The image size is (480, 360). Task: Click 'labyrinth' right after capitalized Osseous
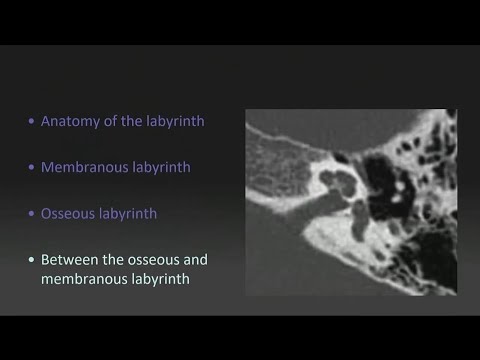129,213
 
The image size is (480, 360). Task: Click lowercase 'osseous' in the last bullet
153,259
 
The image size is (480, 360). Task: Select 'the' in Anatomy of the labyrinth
127,121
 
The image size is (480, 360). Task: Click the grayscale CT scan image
351,201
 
